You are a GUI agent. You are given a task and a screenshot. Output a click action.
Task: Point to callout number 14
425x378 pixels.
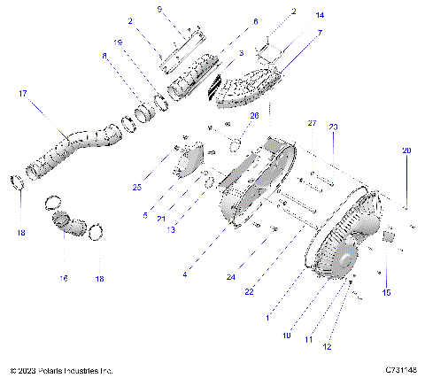pyautogui.click(x=295, y=16)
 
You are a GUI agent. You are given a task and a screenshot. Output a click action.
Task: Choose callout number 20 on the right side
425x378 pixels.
pyautogui.click(x=406, y=150)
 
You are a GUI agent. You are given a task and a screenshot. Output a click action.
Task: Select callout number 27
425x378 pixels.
pyautogui.click(x=311, y=122)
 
